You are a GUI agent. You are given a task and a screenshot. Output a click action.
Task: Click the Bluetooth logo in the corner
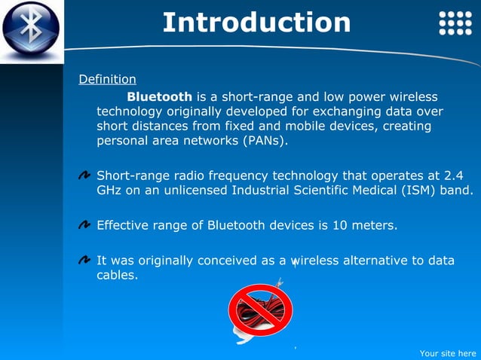(x=30, y=30)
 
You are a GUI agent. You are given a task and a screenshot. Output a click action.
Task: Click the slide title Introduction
(x=256, y=22)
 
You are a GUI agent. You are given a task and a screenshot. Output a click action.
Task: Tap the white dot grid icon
(x=455, y=23)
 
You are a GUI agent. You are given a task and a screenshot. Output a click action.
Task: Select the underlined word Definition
(x=108, y=79)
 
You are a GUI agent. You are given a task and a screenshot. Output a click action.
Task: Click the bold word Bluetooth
(x=159, y=96)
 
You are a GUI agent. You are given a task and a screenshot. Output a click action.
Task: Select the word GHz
(x=109, y=190)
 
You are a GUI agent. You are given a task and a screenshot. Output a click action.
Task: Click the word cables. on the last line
(x=118, y=275)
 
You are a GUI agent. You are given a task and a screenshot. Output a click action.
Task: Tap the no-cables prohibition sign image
(x=260, y=310)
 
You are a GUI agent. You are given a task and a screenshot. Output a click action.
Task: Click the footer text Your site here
(x=447, y=352)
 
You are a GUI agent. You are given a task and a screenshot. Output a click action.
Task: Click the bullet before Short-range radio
(x=85, y=176)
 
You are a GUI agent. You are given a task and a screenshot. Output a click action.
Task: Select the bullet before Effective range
(x=85, y=225)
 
